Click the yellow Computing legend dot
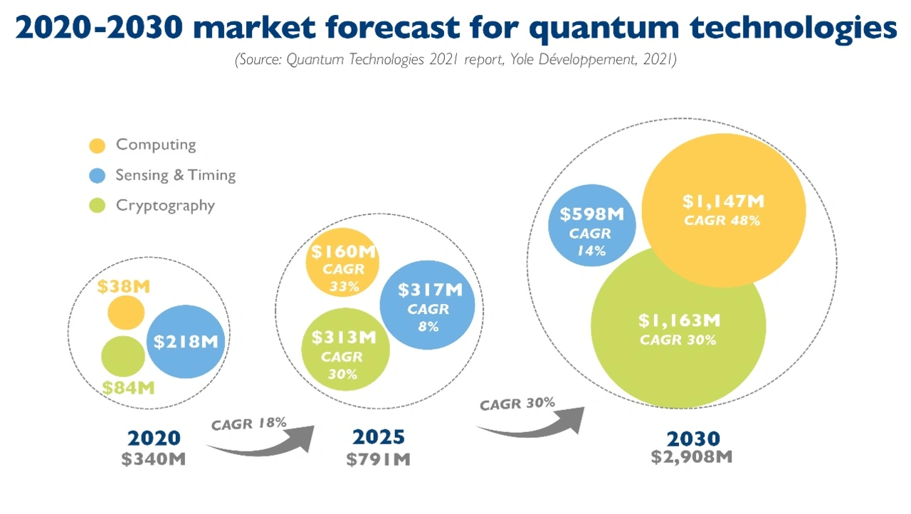(98, 145)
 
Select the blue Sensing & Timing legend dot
(98, 176)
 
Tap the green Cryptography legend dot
(98, 206)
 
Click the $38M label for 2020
(124, 287)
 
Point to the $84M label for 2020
(128, 388)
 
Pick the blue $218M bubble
(186, 342)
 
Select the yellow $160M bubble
(342, 262)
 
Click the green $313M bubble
(345, 349)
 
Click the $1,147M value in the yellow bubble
(723, 202)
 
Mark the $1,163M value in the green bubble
(679, 320)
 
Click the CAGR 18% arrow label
(249, 423)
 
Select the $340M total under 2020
(153, 459)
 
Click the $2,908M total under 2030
(691, 457)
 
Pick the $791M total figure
(379, 459)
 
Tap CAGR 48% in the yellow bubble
(722, 221)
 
